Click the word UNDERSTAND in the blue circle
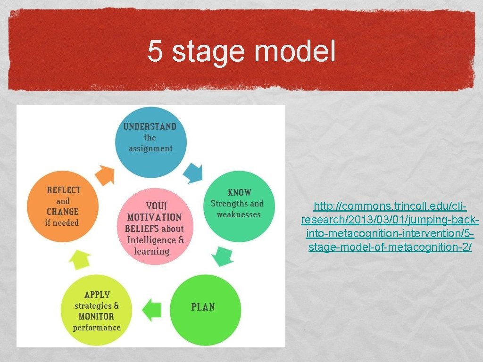pos(150,126)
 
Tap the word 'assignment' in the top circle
pos(150,148)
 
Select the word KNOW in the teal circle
pos(240,192)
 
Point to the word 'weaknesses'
pos(239,214)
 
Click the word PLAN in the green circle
pos(203,307)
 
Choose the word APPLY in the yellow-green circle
pos(97,295)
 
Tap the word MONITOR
pos(96,316)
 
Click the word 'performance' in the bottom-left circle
pos(97,328)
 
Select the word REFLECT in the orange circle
pos(64,190)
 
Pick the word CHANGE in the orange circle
pos(62,212)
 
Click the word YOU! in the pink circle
pos(156,206)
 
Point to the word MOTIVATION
pos(154,217)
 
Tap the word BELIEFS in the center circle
pos(142,229)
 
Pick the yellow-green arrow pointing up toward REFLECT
pos(81,259)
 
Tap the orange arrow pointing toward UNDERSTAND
pos(104,174)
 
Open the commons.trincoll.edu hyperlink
pos(390,227)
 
